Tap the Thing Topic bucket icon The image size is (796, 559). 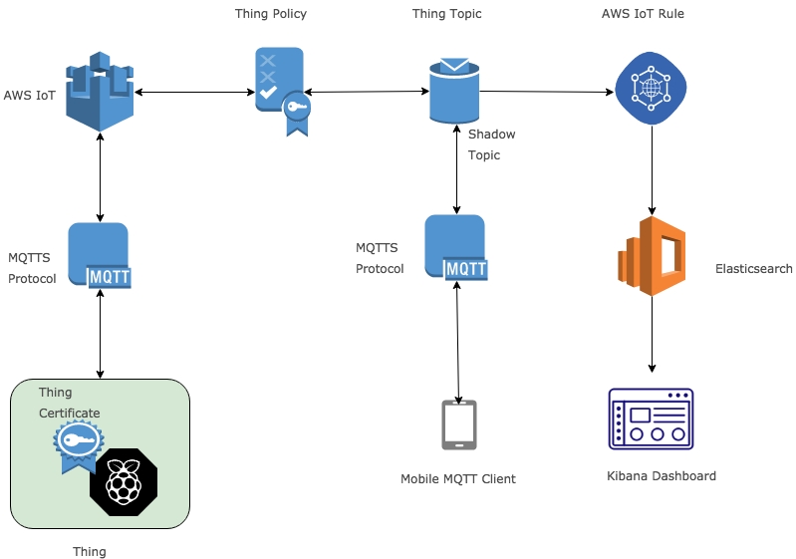(x=455, y=91)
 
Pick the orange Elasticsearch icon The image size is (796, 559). (x=652, y=256)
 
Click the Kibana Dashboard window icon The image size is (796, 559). (x=651, y=419)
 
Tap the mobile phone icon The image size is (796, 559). (x=459, y=424)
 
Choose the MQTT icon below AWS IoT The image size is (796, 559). (x=100, y=256)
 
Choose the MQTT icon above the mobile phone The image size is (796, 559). (x=456, y=248)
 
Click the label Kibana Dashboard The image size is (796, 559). (x=662, y=476)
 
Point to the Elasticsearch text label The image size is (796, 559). (x=754, y=269)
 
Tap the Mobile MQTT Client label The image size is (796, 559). (x=458, y=479)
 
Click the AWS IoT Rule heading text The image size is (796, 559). (x=643, y=14)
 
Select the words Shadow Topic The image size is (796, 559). (x=492, y=144)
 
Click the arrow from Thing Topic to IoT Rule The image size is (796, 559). (x=547, y=93)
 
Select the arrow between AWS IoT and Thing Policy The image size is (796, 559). (x=195, y=93)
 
